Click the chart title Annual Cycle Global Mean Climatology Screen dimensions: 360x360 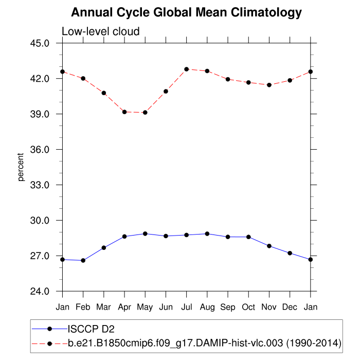(186, 12)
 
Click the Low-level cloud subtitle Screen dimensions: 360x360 (101, 32)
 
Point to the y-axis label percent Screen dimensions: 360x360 (21, 167)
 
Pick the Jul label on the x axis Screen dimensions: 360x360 (187, 307)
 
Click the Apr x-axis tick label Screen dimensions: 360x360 (124, 307)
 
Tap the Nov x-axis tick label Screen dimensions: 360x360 (269, 307)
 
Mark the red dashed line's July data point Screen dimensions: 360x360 (187, 69)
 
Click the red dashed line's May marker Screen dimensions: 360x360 (145, 113)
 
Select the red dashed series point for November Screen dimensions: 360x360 (269, 85)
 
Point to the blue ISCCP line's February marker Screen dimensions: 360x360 (83, 261)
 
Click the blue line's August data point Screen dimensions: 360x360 (207, 233)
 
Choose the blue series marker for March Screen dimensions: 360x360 (104, 248)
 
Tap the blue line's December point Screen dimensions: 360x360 (290, 253)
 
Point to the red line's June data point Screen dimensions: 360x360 (166, 92)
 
